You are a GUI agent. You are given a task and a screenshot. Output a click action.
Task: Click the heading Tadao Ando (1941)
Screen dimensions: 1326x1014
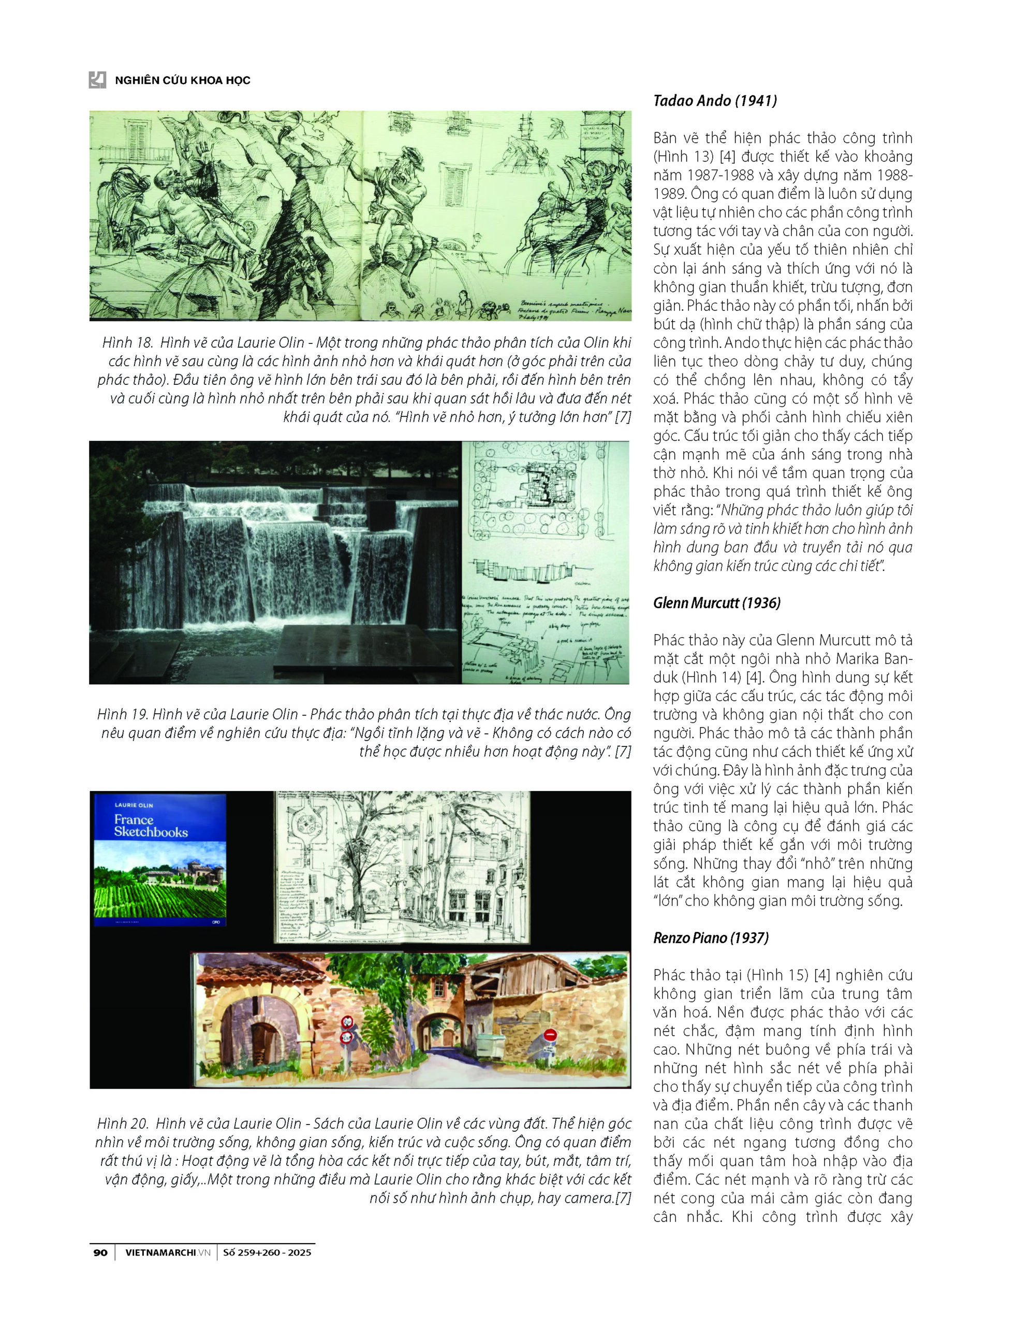(x=715, y=101)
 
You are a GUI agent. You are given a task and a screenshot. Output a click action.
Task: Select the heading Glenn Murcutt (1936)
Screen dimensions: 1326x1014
(x=716, y=602)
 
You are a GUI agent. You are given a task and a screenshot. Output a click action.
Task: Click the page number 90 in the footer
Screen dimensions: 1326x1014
(x=100, y=1252)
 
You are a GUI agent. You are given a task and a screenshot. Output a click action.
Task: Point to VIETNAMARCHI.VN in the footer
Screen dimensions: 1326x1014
(x=167, y=1252)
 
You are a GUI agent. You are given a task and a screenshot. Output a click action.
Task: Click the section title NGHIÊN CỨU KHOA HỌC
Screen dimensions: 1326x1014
(x=182, y=80)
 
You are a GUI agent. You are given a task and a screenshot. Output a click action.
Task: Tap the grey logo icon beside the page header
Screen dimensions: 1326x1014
(x=97, y=80)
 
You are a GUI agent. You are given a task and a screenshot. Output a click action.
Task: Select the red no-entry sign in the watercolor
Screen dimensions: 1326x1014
(x=550, y=1035)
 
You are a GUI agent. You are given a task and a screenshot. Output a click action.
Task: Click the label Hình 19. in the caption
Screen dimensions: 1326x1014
(x=123, y=714)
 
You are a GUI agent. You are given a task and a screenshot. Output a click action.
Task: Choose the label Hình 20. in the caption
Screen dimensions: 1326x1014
(x=123, y=1123)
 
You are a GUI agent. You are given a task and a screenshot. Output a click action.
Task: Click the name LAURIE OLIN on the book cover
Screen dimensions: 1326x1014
(x=134, y=805)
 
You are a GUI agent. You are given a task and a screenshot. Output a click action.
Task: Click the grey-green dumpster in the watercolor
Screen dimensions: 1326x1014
(x=491, y=1044)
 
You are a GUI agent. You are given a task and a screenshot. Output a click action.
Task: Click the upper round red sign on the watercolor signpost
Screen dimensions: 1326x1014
(x=347, y=1021)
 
